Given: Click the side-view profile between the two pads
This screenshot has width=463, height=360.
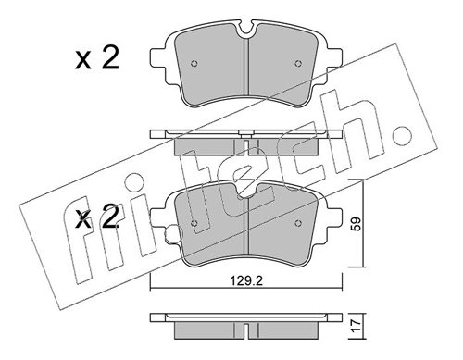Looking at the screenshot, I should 246,139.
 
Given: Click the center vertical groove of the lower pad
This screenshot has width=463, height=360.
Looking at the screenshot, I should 246,231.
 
